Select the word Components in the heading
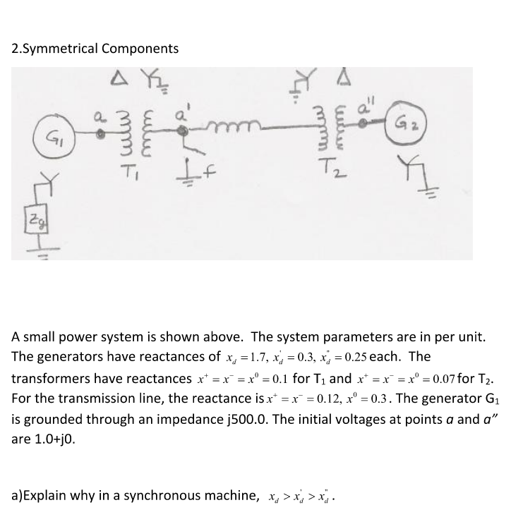pyautogui.click(x=140, y=49)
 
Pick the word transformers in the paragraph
pyautogui.click(x=53, y=379)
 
